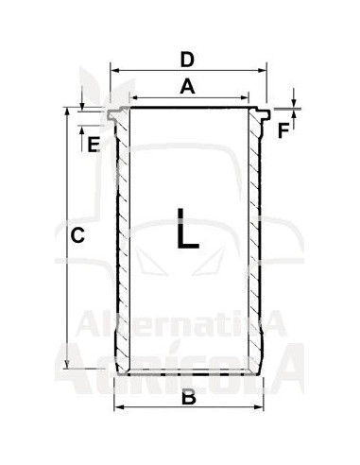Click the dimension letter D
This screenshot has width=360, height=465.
pyautogui.click(x=187, y=60)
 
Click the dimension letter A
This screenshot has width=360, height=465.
pyautogui.click(x=187, y=87)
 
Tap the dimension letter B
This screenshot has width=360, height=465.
pyautogui.click(x=189, y=397)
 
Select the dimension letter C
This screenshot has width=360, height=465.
pyautogui.click(x=77, y=235)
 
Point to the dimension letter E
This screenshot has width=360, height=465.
pyautogui.click(x=94, y=145)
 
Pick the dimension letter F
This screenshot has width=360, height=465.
pyautogui.click(x=283, y=130)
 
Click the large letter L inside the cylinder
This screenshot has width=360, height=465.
pyautogui.click(x=188, y=228)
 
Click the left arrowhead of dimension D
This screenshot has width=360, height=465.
pyautogui.click(x=114, y=70)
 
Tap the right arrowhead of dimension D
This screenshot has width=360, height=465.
pyautogui.click(x=263, y=70)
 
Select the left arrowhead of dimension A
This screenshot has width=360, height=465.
pyautogui.click(x=134, y=98)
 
